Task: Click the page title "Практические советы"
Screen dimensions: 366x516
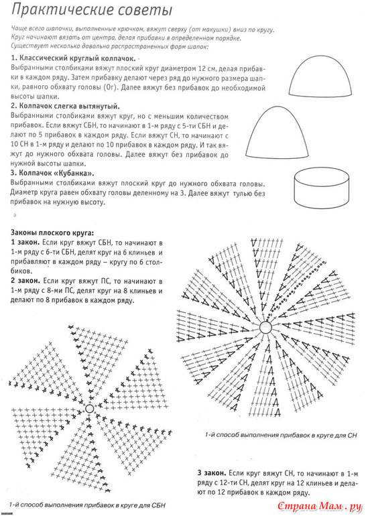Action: (x=91, y=11)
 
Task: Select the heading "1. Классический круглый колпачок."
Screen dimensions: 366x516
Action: (x=73, y=58)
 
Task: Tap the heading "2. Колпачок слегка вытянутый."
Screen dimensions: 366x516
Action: (x=65, y=107)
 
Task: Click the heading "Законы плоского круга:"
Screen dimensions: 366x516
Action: (x=52, y=233)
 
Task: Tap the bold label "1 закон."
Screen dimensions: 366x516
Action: (x=25, y=243)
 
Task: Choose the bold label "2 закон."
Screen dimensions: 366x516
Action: (x=25, y=281)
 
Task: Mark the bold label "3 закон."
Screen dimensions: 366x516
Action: (x=212, y=473)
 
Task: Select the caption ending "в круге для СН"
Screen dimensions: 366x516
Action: (x=281, y=435)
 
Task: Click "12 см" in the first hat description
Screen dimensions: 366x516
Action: (x=206, y=69)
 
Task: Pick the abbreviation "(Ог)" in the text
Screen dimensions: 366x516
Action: (x=106, y=88)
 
